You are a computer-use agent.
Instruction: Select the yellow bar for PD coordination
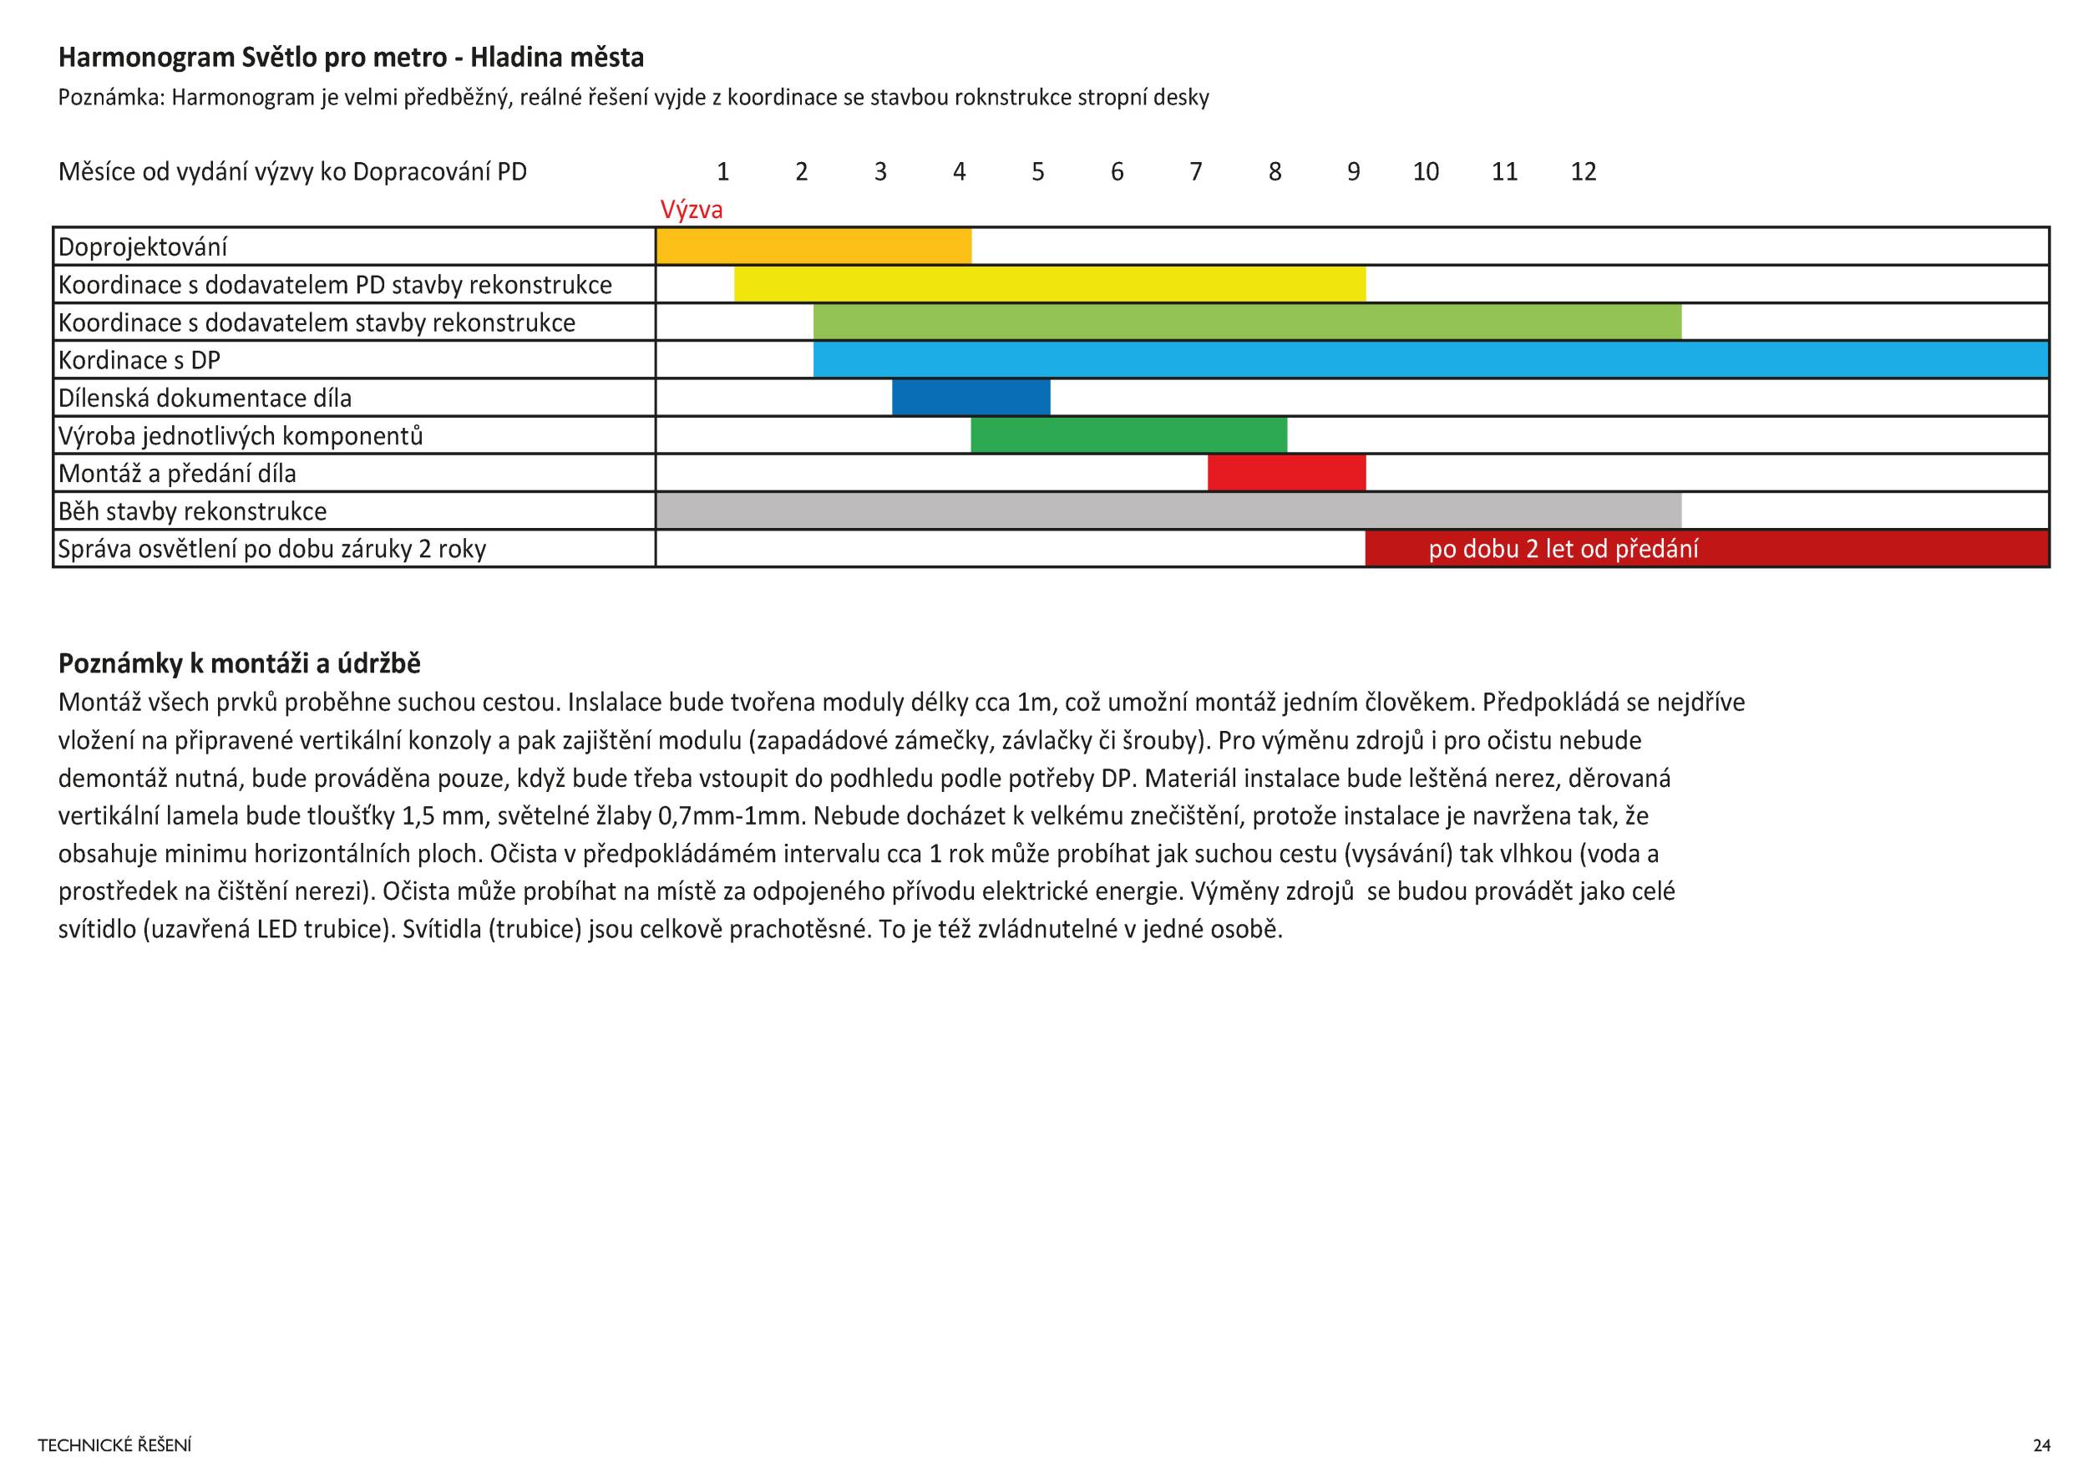pos(1050,285)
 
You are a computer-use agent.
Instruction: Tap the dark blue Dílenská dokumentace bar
pos(971,398)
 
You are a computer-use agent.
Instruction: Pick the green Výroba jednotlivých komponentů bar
pos(1128,435)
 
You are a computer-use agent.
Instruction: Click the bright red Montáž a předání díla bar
pos(1286,474)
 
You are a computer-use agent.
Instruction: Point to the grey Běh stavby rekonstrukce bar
pos(1168,511)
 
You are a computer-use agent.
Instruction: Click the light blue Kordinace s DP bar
pos(1431,360)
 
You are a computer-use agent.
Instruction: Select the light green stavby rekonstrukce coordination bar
pos(1247,322)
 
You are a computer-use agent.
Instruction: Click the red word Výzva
pos(692,210)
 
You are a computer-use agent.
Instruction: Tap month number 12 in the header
pos(1584,172)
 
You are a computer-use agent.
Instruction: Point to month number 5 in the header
pos(1037,172)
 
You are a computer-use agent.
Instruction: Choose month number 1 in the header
pos(722,172)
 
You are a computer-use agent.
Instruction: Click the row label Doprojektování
pos(143,247)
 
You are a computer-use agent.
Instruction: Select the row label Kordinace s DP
pos(139,361)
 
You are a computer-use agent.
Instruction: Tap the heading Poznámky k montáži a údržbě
pos(239,664)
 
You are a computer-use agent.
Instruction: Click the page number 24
pos(2041,1445)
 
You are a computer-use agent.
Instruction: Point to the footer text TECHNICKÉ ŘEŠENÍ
pos(114,1445)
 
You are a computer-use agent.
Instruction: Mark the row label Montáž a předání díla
pos(177,474)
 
